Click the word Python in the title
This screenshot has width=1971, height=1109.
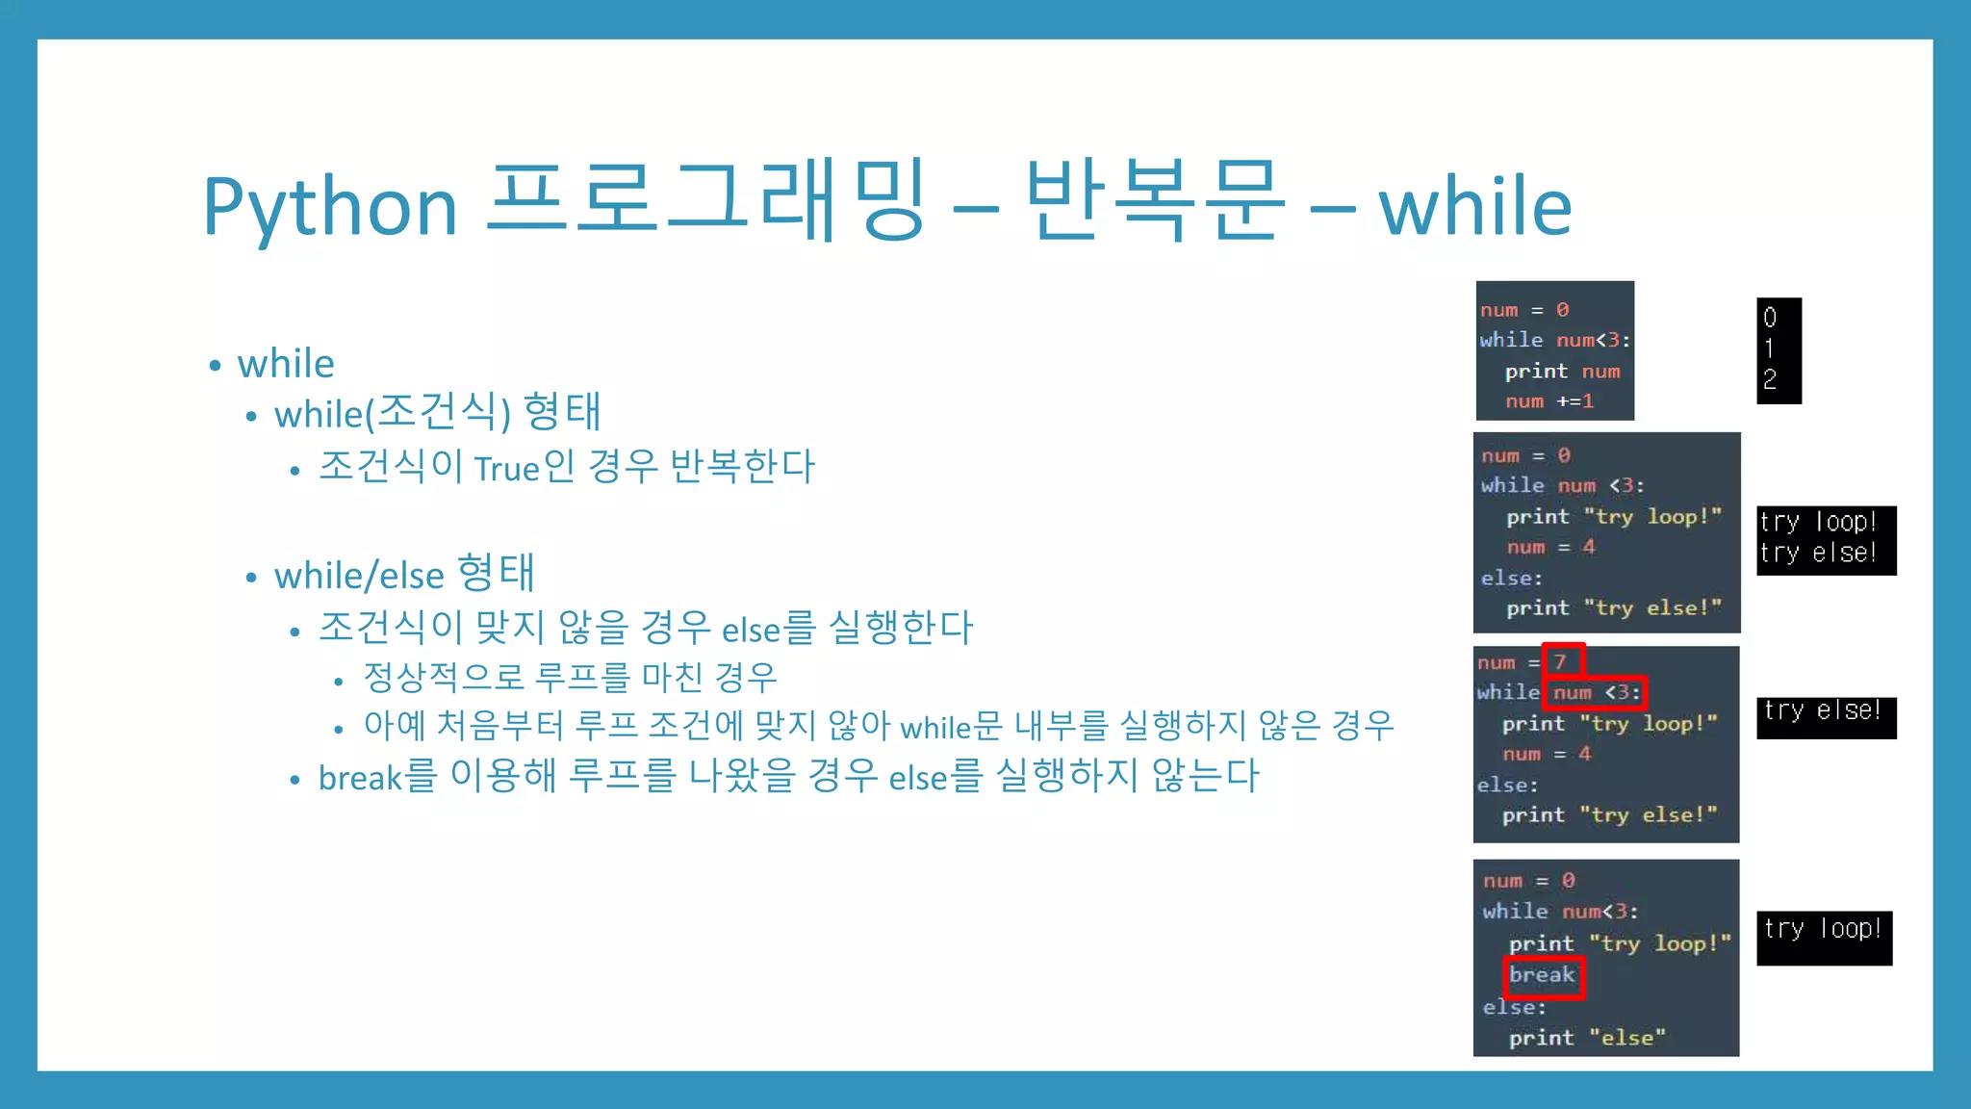330,207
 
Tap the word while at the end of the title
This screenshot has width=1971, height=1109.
1475,207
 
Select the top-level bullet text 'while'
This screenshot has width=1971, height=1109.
286,364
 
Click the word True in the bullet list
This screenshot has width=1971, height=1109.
506,469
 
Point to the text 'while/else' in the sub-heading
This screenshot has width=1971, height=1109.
359,576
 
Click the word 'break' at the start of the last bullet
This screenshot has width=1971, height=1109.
360,778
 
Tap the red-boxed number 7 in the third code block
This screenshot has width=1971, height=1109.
1561,661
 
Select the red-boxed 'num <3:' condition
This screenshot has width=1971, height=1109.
1596,692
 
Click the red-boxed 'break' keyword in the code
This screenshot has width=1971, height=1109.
1542,975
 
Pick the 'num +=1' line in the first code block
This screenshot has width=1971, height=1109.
1549,401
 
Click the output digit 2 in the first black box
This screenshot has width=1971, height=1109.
1770,380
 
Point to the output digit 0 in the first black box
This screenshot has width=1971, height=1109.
1770,318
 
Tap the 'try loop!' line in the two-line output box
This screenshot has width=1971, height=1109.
1818,522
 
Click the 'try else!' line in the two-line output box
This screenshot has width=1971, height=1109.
1818,554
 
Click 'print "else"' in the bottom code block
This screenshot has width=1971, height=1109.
1587,1038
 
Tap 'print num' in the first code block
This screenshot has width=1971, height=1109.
1562,372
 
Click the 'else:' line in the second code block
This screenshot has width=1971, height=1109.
1512,578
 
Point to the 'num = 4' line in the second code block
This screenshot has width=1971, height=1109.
1550,547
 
